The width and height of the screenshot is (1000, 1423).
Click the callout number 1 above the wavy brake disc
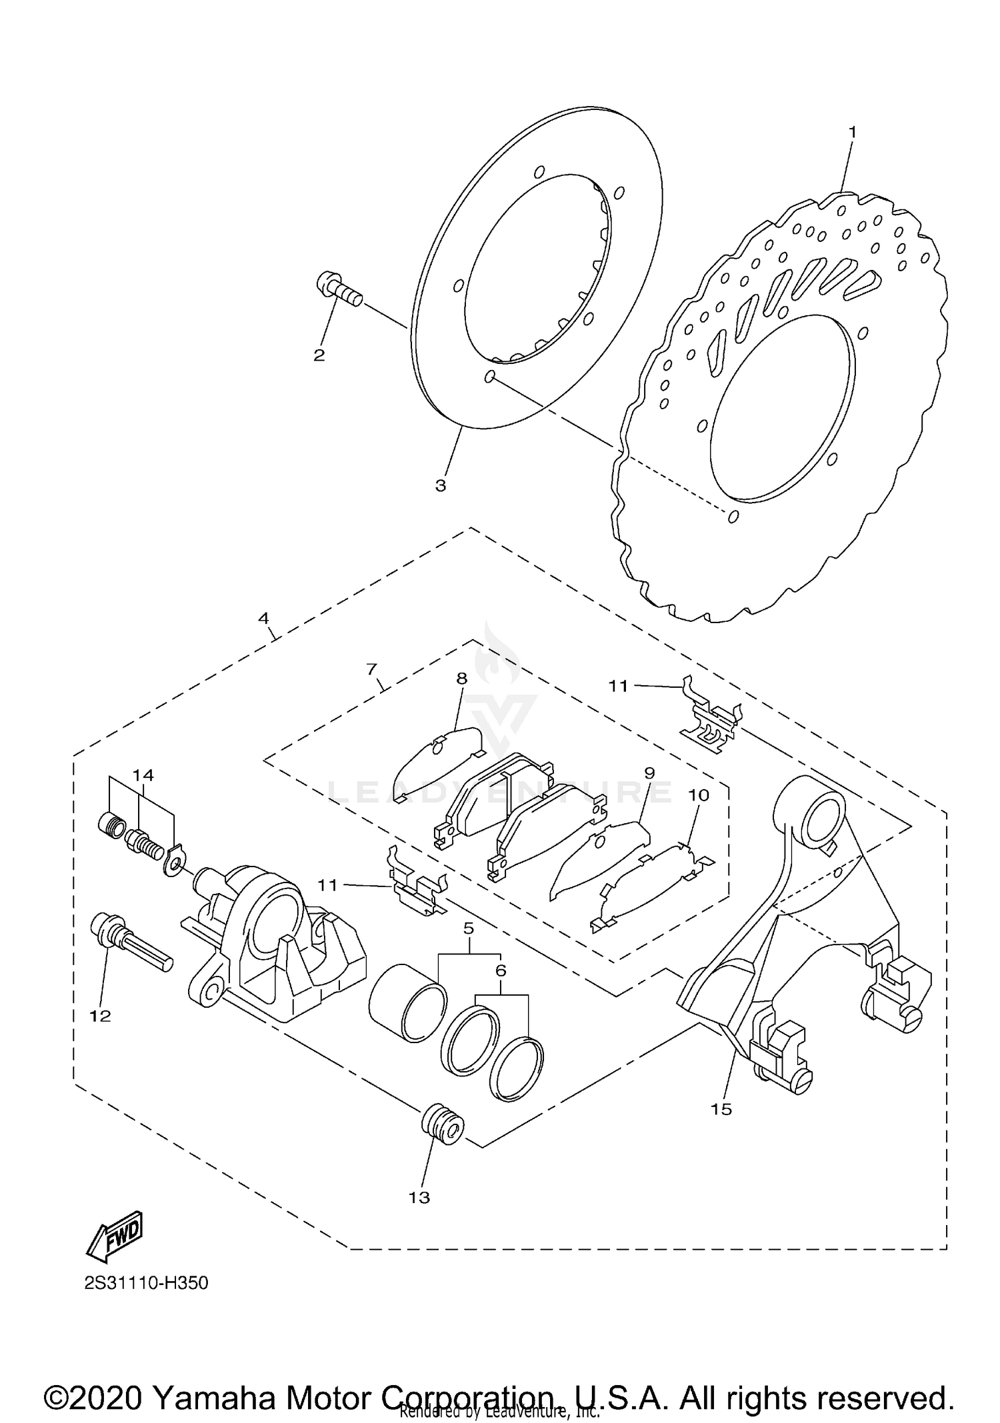851,132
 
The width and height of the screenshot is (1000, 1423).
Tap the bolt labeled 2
339,291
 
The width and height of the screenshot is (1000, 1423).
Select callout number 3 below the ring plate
441,486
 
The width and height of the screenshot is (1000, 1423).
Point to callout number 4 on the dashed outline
264,618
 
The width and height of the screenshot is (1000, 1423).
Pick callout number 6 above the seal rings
501,970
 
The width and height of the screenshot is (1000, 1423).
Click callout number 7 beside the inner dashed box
372,669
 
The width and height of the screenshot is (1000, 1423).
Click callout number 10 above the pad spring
699,795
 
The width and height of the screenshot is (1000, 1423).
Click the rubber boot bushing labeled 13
442,1126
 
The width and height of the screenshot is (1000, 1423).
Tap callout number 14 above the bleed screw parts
143,774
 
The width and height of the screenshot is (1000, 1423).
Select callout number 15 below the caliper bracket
721,1109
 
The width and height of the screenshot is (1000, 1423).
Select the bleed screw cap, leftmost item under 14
109,826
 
